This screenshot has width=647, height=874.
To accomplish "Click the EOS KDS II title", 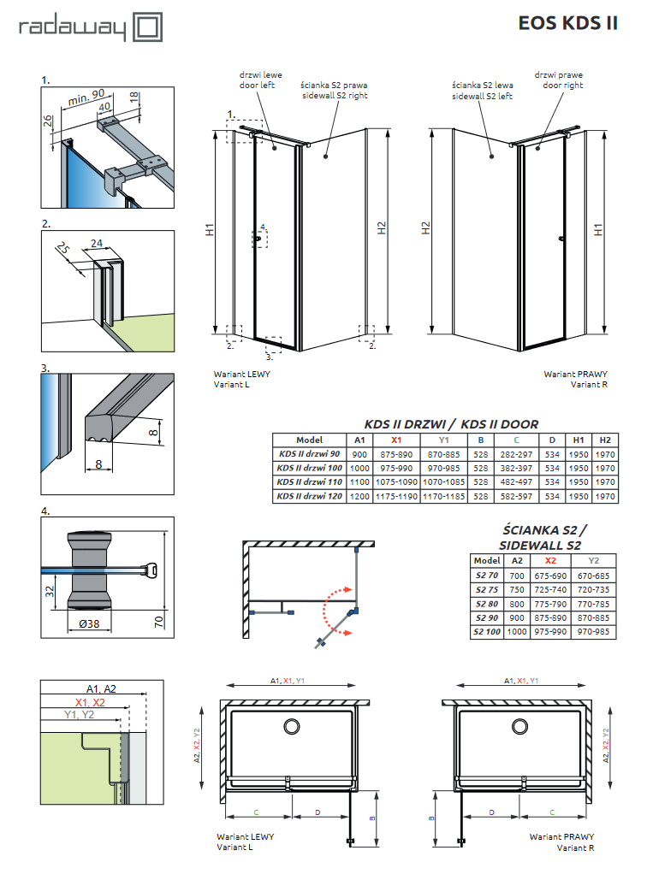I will (567, 23).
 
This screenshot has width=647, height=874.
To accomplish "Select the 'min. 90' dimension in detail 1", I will (86, 97).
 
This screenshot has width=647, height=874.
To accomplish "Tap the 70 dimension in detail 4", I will (159, 622).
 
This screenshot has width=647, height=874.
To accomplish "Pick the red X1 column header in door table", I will (395, 439).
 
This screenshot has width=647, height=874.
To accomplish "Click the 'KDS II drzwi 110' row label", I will (308, 482).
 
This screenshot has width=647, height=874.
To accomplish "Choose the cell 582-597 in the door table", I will (516, 496).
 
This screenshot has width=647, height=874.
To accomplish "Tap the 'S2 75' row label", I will (485, 589).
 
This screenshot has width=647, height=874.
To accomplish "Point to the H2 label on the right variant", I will (425, 228).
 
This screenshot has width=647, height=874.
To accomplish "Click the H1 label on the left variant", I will (209, 230).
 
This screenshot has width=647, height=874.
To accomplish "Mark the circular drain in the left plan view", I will (292, 726).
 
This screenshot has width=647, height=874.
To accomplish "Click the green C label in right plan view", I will (551, 812).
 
